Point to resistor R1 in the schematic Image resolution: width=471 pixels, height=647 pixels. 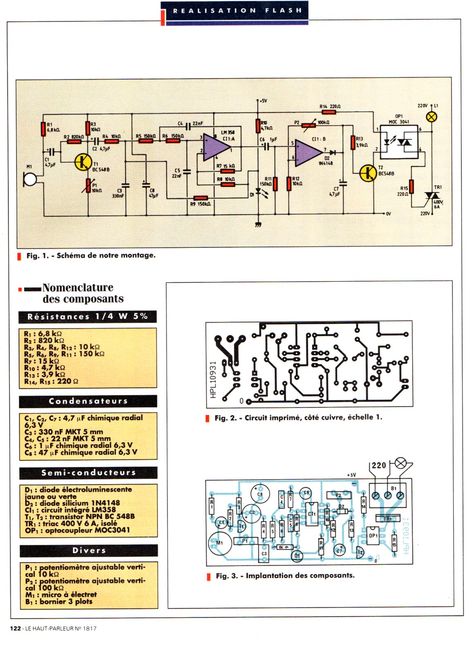[43, 129]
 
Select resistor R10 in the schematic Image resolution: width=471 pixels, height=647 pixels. [258, 126]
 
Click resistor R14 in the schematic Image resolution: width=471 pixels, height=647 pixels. [330, 111]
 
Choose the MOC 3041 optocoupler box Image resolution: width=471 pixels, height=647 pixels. [398, 142]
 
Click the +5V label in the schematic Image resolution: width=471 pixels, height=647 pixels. [262, 100]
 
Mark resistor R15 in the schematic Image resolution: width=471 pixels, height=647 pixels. [412, 187]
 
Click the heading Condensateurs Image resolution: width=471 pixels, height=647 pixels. [88, 401]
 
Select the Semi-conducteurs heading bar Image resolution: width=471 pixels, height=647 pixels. [88, 473]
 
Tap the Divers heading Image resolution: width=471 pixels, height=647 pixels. [89, 550]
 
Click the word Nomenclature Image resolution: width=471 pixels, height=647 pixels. [78, 288]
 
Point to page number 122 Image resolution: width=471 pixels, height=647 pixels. [16, 628]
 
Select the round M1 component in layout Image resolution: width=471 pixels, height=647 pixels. [220, 542]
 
